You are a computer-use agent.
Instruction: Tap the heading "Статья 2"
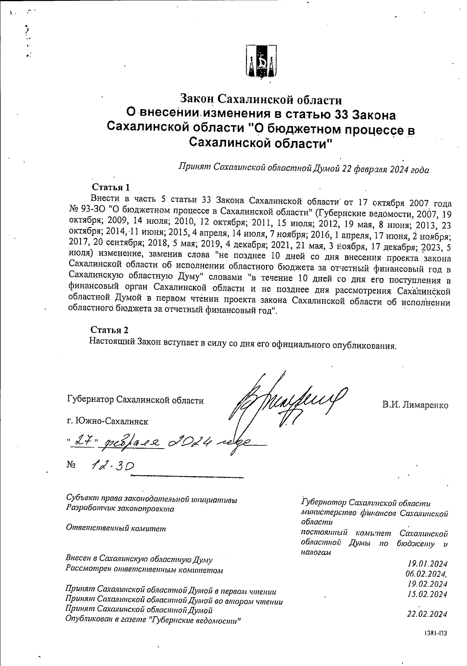pos(109,330)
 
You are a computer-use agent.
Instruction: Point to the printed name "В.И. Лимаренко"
pos(415,405)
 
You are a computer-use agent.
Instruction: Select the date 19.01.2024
pos(427,564)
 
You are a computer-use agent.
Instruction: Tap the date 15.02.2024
pos(427,594)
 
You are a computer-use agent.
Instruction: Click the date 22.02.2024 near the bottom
pos(427,614)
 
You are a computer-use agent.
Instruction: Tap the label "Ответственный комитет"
pos(116,528)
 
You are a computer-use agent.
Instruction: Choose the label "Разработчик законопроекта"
pos(120,508)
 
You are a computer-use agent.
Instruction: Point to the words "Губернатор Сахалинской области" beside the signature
pos(135,400)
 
